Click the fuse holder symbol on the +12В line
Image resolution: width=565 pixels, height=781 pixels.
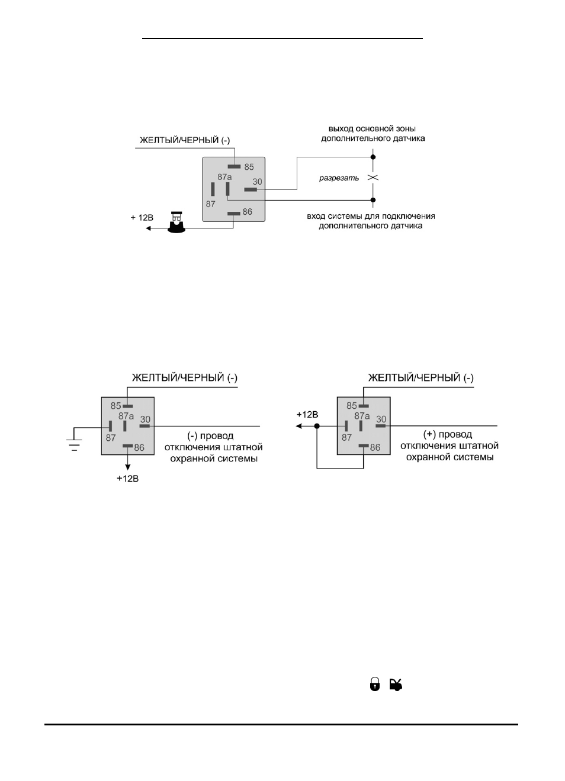[176, 222]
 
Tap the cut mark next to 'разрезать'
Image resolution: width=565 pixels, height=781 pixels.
[373, 178]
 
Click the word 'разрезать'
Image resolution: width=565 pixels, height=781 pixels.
[339, 178]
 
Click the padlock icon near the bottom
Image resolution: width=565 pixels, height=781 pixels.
[374, 684]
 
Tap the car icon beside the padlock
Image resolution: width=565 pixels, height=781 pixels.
[396, 685]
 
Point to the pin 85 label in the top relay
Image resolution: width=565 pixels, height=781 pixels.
[249, 167]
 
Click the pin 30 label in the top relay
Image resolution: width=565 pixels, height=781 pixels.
[257, 182]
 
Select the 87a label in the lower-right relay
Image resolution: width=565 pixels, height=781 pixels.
[362, 415]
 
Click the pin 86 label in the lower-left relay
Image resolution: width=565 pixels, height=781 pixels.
[139, 448]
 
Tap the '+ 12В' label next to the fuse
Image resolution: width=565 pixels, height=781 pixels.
[142, 218]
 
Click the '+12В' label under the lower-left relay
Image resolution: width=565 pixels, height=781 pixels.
[127, 478]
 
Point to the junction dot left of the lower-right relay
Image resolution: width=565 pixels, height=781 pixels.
[317, 426]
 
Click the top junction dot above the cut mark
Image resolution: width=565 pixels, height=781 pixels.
[373, 157]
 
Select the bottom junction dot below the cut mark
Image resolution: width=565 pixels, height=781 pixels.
[373, 200]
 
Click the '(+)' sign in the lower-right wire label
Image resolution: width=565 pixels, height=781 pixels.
[429, 434]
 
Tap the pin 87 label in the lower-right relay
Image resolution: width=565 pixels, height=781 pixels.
[346, 438]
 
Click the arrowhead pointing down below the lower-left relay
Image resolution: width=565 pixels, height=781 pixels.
[128, 467]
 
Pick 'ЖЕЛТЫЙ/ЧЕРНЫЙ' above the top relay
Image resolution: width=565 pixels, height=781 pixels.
[179, 140]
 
